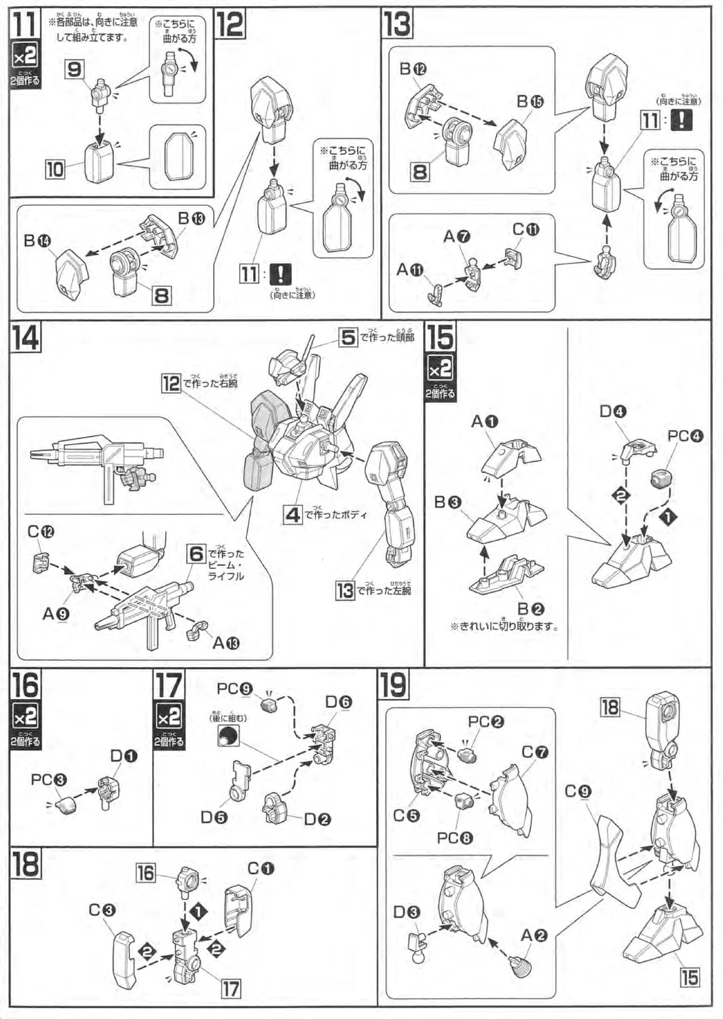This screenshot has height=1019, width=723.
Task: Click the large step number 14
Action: click(x=26, y=337)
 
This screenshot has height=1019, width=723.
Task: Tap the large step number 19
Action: click(x=394, y=685)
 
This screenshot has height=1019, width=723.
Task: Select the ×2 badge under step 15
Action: click(x=441, y=370)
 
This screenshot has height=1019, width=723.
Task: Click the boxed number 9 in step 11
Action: click(x=75, y=69)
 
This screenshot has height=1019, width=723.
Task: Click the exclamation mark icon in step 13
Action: click(x=682, y=120)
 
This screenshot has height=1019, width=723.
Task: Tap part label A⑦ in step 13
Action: click(x=457, y=236)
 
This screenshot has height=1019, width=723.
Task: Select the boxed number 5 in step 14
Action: click(x=348, y=337)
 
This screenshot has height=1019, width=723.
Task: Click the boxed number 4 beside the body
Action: click(x=293, y=514)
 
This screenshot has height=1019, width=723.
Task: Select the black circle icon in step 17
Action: click(x=228, y=736)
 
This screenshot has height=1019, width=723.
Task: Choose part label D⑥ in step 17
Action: click(x=338, y=702)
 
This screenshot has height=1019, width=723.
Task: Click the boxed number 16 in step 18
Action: click(x=146, y=872)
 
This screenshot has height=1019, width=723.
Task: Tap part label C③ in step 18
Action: click(x=102, y=910)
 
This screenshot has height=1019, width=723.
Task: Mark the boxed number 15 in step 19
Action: click(x=689, y=978)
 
